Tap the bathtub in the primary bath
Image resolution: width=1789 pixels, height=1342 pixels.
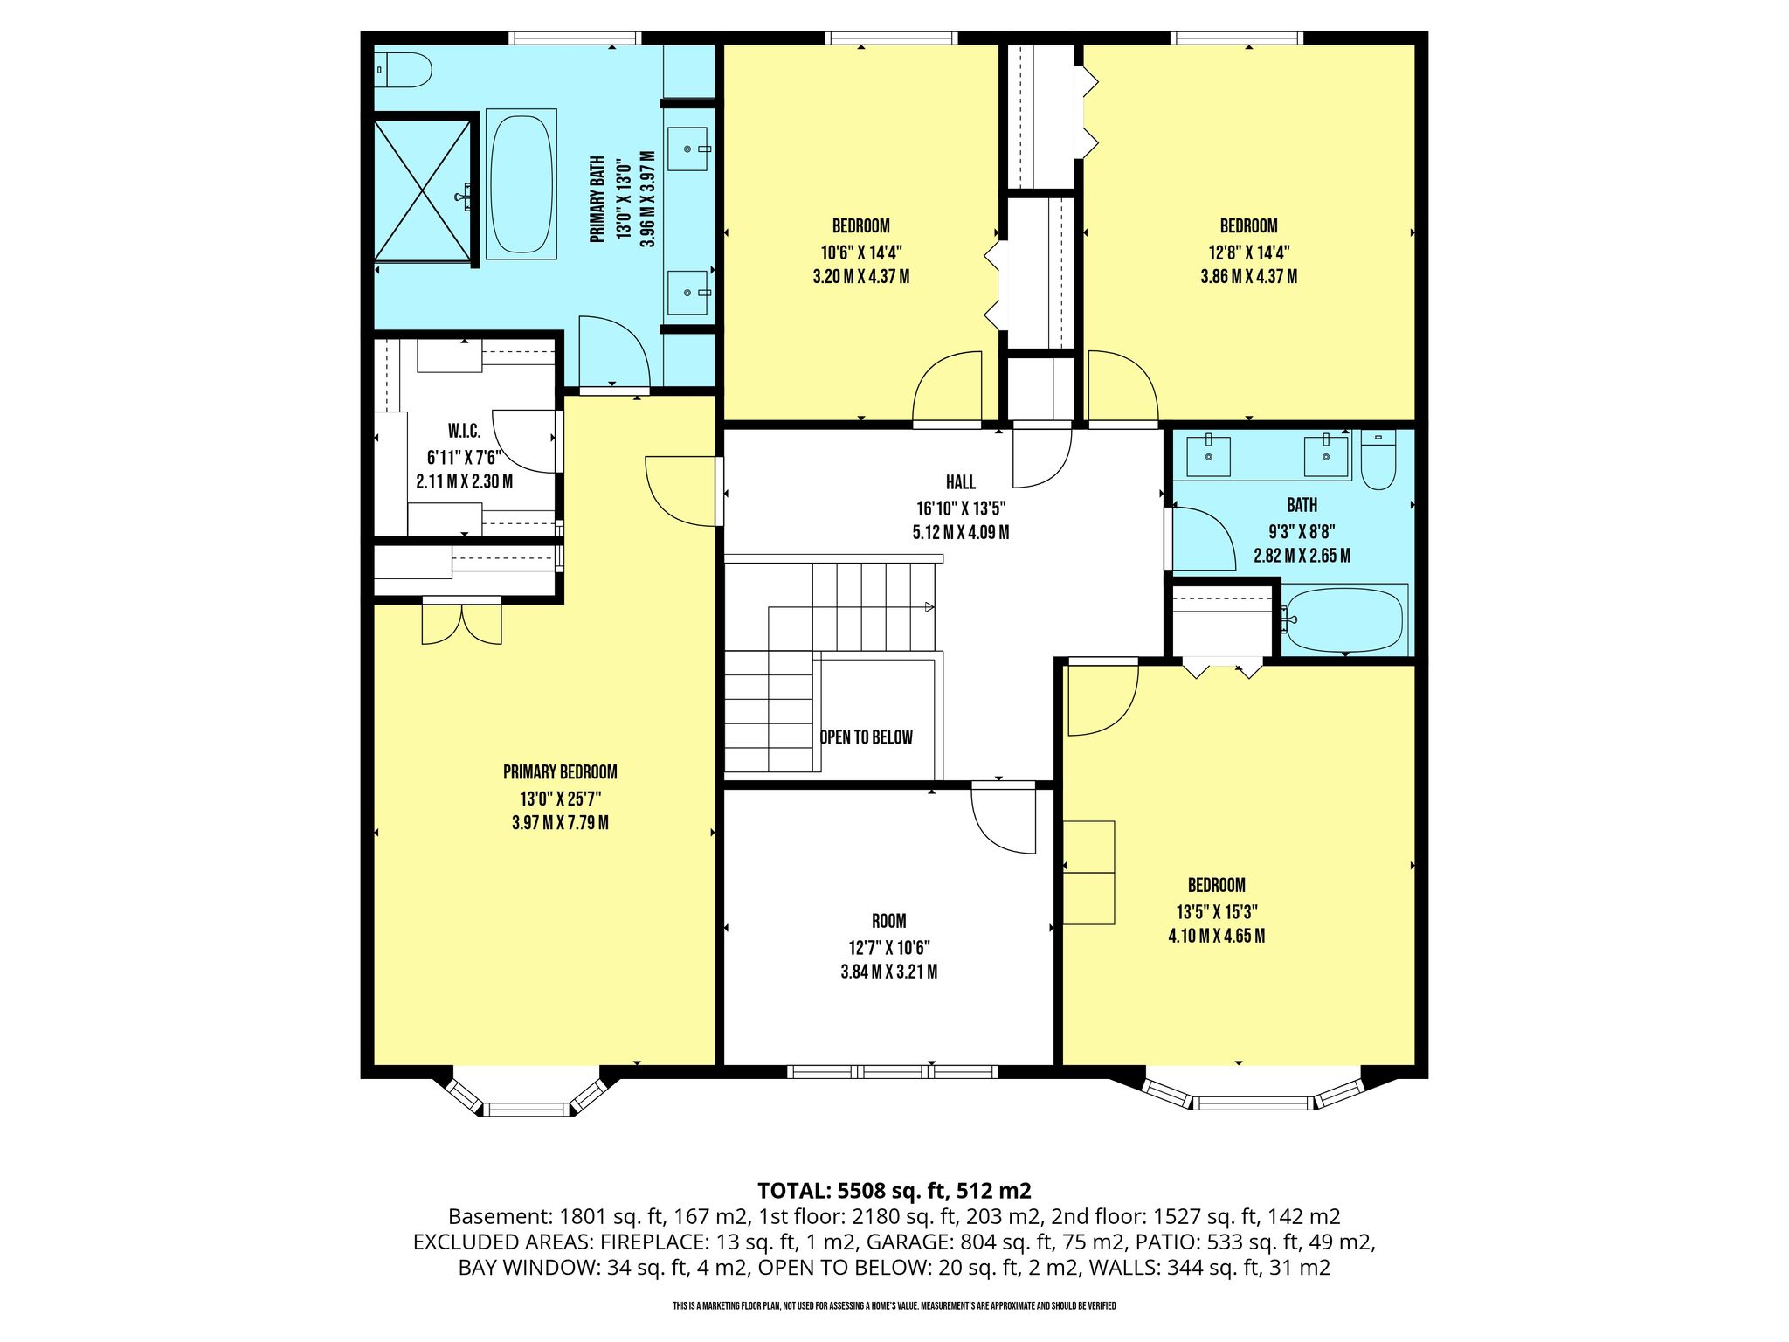[x=522, y=183]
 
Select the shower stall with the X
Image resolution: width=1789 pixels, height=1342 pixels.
[x=423, y=190]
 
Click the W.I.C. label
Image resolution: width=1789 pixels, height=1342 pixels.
[x=464, y=432]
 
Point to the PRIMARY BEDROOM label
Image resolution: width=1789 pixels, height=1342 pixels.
[x=560, y=772]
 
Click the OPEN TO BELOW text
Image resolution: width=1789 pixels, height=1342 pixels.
[x=867, y=737]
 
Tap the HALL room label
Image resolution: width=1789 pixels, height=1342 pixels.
[x=961, y=482]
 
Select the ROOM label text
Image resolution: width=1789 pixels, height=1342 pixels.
[x=889, y=921]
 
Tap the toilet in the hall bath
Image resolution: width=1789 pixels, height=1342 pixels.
[x=1378, y=460]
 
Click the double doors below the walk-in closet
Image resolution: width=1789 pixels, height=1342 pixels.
[x=462, y=621]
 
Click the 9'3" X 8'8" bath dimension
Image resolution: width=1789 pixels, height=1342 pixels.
[x=1302, y=530]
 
